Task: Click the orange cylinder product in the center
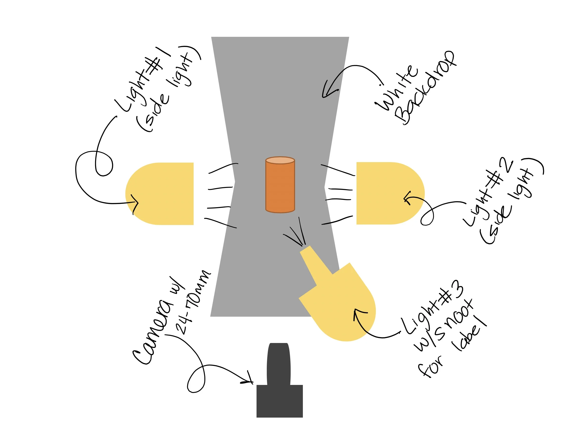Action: pos(280,185)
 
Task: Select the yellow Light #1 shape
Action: pos(159,194)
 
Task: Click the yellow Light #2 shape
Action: pos(390,193)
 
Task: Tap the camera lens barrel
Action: pos(279,364)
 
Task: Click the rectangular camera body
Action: pos(280,401)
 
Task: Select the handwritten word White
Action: pos(397,88)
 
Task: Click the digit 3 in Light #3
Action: pos(457,289)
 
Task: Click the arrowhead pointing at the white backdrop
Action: pos(328,90)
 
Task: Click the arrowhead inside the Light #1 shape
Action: pos(135,203)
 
